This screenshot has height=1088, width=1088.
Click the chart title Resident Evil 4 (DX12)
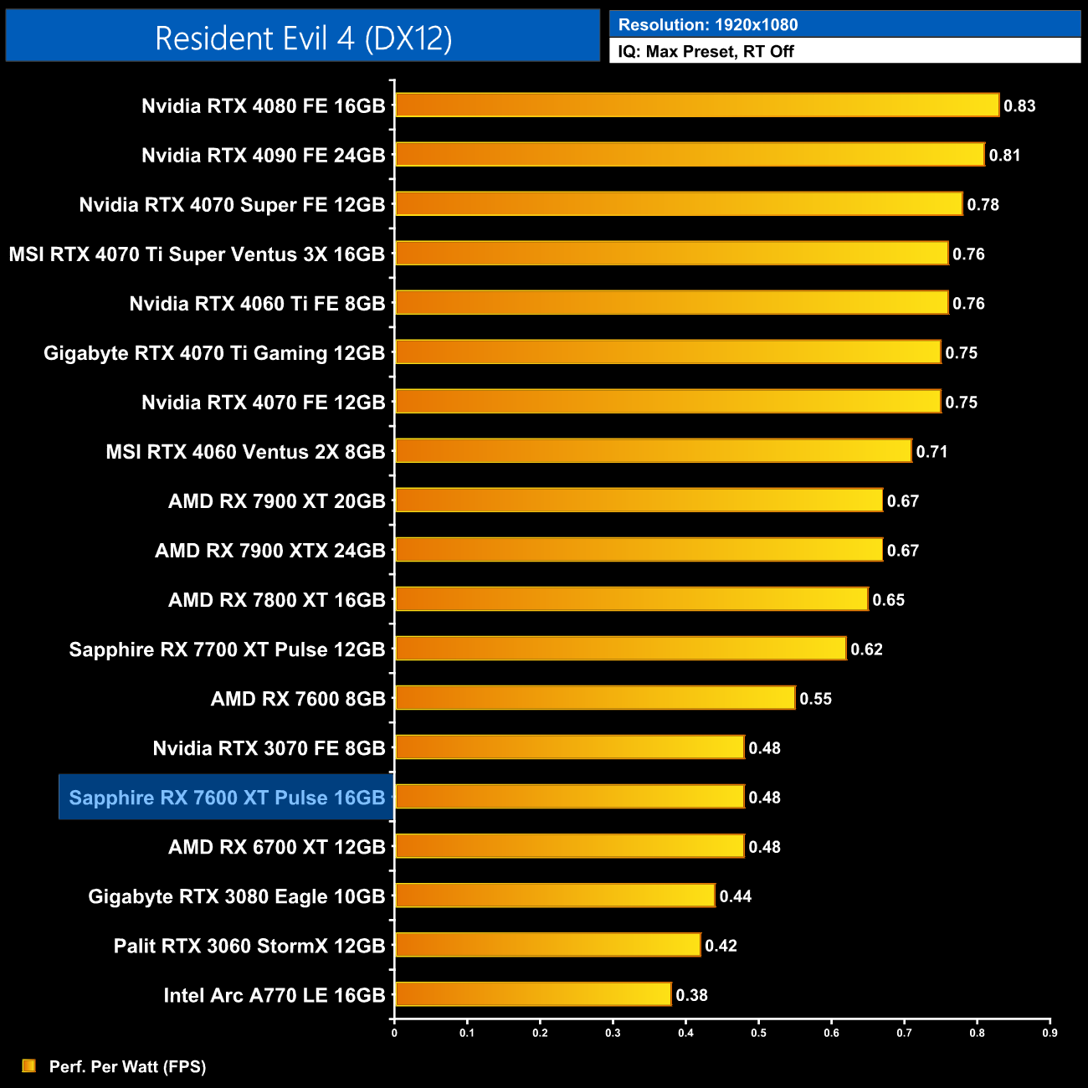[x=303, y=38]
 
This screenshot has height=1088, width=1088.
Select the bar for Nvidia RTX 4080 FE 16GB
[x=696, y=105]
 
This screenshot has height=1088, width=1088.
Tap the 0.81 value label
[x=1004, y=156]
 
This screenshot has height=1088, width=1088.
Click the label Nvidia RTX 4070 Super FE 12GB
[x=232, y=205]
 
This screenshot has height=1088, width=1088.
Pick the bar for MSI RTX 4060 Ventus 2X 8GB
[x=653, y=451]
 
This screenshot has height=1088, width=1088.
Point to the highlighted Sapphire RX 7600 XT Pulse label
[x=227, y=798]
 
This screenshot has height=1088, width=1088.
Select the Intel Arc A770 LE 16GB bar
[x=532, y=994]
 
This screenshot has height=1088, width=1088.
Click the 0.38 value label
[x=691, y=995]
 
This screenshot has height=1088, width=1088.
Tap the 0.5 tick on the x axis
[x=758, y=1033]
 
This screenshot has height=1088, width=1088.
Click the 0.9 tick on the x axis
[x=1050, y=1033]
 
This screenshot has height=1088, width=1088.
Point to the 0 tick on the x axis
[x=394, y=1033]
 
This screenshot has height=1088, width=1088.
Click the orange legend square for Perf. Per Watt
[x=29, y=1065]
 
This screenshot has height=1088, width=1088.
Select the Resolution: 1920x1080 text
[x=708, y=25]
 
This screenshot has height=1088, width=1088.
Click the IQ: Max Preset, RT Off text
[x=706, y=52]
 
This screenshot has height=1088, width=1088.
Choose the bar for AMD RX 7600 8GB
[x=594, y=698]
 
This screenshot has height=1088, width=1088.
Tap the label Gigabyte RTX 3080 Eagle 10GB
[x=236, y=896]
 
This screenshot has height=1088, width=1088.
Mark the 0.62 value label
[x=866, y=649]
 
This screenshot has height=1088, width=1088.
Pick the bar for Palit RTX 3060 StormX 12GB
[x=547, y=945]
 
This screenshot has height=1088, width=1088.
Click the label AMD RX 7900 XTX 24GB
[x=269, y=551]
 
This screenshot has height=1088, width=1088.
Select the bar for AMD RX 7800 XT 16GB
[x=631, y=599]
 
